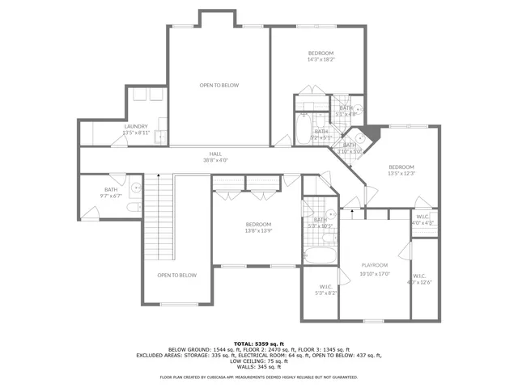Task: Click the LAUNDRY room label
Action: click(136, 126)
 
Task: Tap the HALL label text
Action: click(215, 154)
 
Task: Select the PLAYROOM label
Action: click(374, 265)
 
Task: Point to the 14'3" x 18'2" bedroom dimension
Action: click(321, 59)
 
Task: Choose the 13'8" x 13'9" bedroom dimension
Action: click(259, 230)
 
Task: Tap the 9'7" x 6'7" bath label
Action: click(111, 195)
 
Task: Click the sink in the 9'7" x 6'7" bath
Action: click(137, 188)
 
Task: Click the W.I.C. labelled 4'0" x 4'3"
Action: click(423, 219)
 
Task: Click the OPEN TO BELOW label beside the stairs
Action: click(176, 276)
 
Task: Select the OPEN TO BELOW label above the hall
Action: click(219, 85)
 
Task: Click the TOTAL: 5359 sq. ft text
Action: click(258, 344)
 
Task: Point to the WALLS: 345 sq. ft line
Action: click(258, 366)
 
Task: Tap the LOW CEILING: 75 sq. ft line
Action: click(258, 361)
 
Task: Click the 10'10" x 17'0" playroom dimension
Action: click(374, 273)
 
